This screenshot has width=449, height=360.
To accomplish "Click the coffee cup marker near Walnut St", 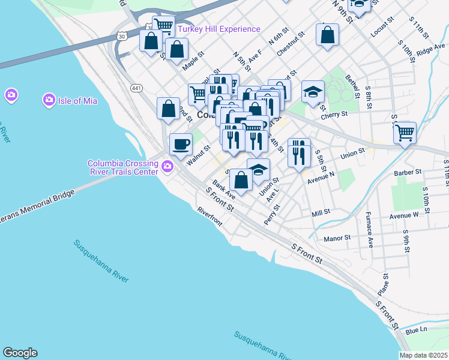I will click(x=181, y=144).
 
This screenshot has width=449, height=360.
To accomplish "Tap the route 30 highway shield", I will click(x=122, y=36).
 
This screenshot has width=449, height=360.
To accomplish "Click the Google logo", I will click(x=20, y=353).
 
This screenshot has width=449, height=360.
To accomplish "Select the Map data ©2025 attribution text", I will click(x=423, y=355).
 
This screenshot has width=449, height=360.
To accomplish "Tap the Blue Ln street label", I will click(x=416, y=331).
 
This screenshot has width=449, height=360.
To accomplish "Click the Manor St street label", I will click(x=337, y=238).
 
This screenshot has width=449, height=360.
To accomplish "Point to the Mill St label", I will click(x=321, y=212).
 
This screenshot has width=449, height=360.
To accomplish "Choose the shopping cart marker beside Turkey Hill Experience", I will click(x=163, y=26).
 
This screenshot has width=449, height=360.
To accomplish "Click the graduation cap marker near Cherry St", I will click(x=312, y=92).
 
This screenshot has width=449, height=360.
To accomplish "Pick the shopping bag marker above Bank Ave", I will click(x=241, y=180).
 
